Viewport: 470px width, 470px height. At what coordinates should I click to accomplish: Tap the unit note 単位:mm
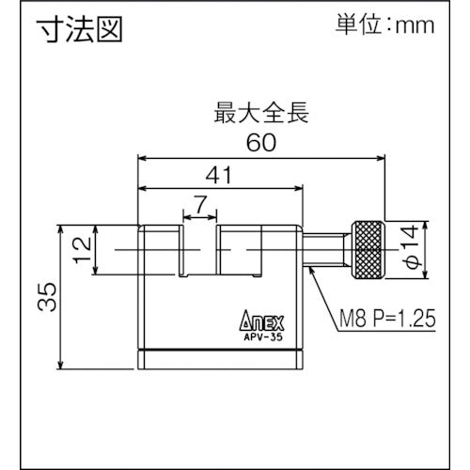[x=386, y=25]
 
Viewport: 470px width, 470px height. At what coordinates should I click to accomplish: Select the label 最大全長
[x=260, y=117]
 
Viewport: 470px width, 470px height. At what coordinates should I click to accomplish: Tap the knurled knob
[x=368, y=249]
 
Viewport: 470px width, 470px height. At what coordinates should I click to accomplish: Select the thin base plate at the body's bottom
[x=220, y=360]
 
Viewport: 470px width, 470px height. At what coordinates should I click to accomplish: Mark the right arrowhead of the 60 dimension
[x=380, y=157]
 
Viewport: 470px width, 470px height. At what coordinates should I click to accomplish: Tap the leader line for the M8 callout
[x=320, y=291]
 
